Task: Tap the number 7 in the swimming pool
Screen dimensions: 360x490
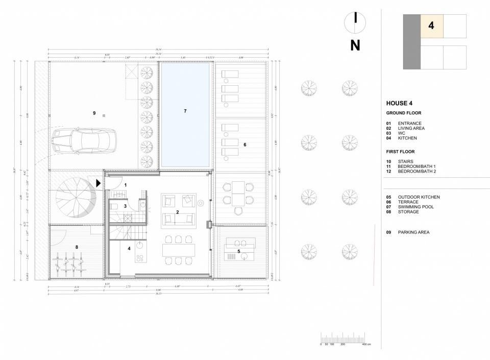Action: click(185, 111)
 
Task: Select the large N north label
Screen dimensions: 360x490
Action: click(355, 45)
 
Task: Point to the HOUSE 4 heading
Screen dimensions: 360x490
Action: click(400, 103)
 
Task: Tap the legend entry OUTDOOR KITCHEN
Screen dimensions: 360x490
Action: click(419, 197)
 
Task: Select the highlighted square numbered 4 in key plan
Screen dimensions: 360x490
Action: click(431, 26)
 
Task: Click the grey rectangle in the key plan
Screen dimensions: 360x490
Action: click(412, 41)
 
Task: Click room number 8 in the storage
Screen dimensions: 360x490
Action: click(77, 247)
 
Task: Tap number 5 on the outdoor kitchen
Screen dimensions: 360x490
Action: click(238, 251)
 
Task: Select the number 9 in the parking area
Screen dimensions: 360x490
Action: click(94, 113)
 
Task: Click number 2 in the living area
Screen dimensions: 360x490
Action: click(177, 211)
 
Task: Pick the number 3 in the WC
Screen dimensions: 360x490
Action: click(125, 206)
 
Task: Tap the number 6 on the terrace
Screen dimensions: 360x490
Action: click(245, 145)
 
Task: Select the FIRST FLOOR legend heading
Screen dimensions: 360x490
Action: click(401, 152)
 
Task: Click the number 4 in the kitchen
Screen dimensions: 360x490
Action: click(129, 249)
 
